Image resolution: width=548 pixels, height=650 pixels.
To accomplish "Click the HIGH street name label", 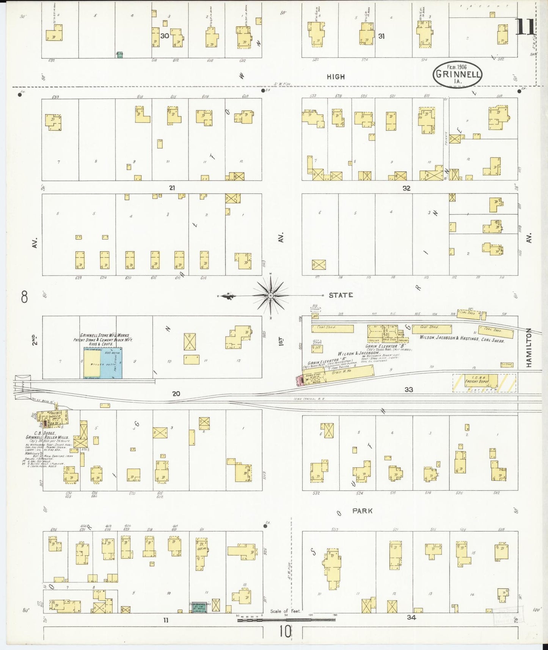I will [336, 77].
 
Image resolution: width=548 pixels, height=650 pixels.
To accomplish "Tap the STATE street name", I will [341, 295].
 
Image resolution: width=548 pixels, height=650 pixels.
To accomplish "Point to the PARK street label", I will [362, 511].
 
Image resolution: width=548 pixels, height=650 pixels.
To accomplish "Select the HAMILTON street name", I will [529, 347].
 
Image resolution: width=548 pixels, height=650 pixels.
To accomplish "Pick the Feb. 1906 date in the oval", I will [457, 67].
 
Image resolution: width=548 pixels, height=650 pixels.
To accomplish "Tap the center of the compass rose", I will [270, 295].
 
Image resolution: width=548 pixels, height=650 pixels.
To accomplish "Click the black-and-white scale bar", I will [286, 620].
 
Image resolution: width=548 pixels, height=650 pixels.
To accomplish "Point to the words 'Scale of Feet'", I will [285, 611].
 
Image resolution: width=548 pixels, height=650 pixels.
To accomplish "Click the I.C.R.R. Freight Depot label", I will [476, 380].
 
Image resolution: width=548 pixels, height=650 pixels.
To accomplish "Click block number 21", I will [172, 188].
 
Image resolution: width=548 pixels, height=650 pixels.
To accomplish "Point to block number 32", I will [406, 188].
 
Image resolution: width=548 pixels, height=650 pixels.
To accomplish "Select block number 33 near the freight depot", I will [408, 389].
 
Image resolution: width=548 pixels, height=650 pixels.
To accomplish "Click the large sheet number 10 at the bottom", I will [285, 632].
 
